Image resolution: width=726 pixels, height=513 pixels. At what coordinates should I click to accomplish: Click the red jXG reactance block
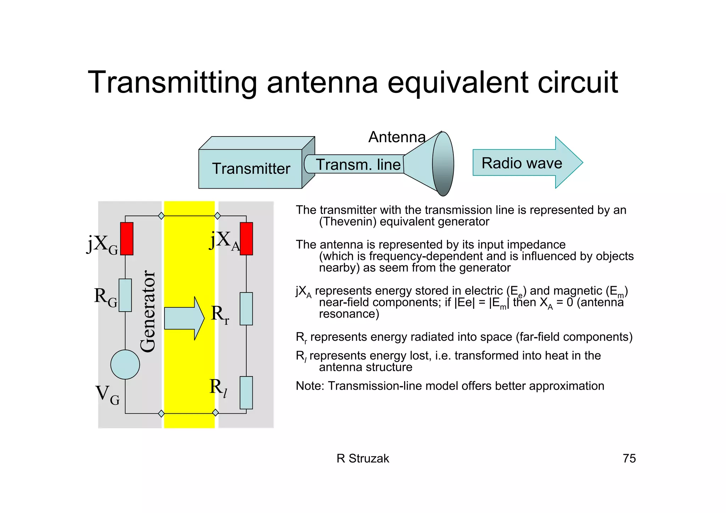[x=127, y=239]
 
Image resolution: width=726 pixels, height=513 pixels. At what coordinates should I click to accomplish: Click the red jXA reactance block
[x=246, y=239]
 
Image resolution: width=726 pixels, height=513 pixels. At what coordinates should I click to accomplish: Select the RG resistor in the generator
[x=125, y=295]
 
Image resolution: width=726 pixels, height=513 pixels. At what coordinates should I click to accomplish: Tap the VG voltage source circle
[x=125, y=364]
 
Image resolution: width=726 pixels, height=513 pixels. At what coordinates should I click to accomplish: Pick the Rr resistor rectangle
[x=246, y=309]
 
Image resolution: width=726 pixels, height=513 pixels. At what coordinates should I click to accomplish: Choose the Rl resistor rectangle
[x=246, y=393]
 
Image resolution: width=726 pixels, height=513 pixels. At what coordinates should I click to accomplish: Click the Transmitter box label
[x=251, y=168]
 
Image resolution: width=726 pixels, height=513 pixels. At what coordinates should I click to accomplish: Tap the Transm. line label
[x=358, y=165]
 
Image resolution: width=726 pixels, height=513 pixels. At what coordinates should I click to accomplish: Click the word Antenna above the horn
[x=397, y=137]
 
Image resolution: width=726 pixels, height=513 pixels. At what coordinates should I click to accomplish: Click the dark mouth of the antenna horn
[x=443, y=164]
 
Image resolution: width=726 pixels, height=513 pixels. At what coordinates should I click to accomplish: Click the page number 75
[x=629, y=458]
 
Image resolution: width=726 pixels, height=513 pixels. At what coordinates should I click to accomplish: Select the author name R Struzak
[x=363, y=458]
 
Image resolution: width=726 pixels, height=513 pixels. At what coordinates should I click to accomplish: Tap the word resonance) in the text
[x=349, y=314]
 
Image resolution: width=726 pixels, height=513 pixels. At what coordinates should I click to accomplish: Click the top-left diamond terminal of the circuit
[x=161, y=216]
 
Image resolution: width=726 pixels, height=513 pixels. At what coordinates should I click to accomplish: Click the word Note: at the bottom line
[x=310, y=386]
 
